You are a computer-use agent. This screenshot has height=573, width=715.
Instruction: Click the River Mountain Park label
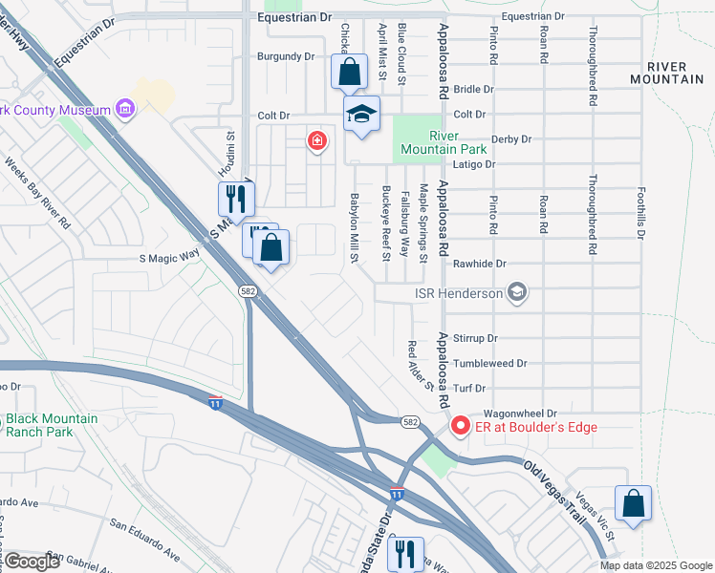[431, 142]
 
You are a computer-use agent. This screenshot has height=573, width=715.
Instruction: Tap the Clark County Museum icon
[125, 110]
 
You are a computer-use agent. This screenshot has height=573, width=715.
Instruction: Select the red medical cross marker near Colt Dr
[316, 142]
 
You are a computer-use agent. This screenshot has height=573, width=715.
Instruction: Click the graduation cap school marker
[362, 116]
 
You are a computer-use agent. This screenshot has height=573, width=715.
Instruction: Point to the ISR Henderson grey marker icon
[517, 292]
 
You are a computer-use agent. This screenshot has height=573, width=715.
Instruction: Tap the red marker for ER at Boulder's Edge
[459, 426]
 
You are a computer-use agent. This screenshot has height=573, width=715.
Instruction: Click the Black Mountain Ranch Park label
[52, 425]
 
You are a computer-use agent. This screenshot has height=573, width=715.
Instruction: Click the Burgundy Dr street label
[285, 56]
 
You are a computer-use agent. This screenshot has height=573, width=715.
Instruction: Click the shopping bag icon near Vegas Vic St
[633, 503]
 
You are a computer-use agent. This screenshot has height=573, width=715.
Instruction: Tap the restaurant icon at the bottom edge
[407, 553]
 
